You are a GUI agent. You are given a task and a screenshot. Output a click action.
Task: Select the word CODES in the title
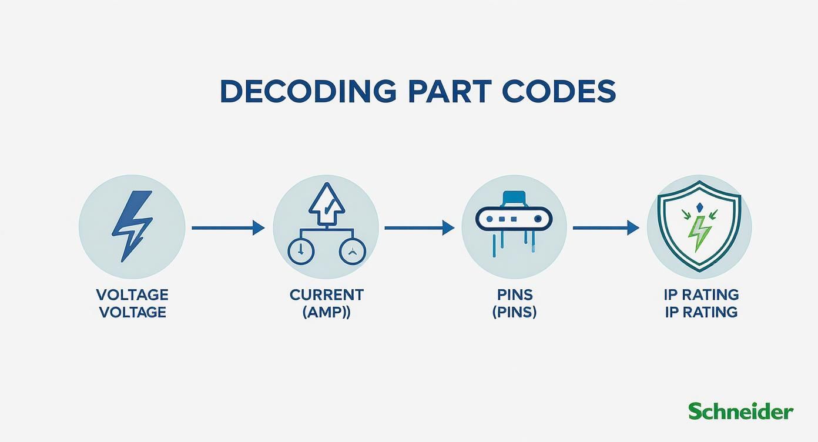coord(559,91)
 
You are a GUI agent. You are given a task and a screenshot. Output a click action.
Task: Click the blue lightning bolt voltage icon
coord(132,226)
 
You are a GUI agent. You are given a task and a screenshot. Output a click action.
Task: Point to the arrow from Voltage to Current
coord(228,228)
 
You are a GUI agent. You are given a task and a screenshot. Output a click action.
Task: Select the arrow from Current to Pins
coord(420,228)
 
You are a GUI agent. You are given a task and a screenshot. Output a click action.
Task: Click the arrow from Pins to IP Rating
coord(606,228)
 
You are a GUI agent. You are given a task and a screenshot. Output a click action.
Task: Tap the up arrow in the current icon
coord(327,204)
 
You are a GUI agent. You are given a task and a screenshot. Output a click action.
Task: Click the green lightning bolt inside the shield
coord(699,234)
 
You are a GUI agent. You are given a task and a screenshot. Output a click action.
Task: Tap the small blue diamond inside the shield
coord(699,208)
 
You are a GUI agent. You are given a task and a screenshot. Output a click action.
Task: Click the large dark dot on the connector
coord(538,219)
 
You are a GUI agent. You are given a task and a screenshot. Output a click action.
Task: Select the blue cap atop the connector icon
coord(514,198)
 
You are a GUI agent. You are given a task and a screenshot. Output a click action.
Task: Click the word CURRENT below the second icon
coord(327,295)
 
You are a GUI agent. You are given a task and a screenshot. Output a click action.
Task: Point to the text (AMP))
coord(327,313)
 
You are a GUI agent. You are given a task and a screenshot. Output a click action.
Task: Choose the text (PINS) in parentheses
coord(515,313)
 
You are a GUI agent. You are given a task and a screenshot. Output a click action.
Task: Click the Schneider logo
coord(740,411)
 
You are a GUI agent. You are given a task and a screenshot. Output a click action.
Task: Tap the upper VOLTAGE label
coord(132,295)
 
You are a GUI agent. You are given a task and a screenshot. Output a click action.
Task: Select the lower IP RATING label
coord(701,313)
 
